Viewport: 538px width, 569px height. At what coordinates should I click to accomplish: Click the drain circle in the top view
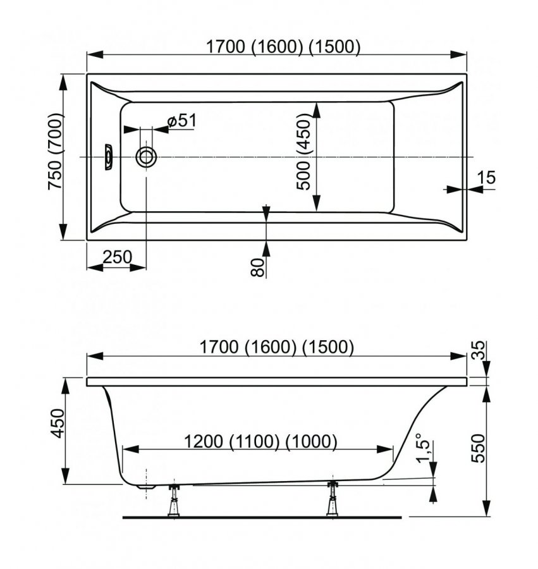[x=146, y=157]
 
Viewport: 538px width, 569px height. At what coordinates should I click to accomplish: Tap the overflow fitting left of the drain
[x=109, y=157]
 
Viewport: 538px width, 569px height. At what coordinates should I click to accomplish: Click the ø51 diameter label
[x=182, y=121]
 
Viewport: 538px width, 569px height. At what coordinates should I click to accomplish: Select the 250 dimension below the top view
[x=117, y=257]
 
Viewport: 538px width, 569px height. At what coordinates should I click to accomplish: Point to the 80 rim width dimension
[x=258, y=267]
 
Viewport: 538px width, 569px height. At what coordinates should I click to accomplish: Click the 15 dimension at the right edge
[x=486, y=178]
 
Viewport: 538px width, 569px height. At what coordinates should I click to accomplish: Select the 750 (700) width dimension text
[x=56, y=151]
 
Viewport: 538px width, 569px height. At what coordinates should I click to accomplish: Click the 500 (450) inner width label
[x=303, y=152]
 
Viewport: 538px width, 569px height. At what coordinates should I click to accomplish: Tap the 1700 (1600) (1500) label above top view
[x=283, y=47]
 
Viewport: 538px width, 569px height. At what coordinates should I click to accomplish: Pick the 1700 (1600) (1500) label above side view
[x=277, y=347]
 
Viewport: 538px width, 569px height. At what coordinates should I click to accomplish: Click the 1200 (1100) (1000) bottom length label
[x=261, y=442]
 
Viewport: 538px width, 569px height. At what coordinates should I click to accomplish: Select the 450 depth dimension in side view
[x=57, y=423]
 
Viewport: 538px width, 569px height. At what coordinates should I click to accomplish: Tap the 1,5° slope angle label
[x=423, y=448]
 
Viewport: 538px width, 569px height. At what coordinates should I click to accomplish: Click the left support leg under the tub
[x=174, y=499]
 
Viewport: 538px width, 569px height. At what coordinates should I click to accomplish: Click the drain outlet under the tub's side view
[x=146, y=487]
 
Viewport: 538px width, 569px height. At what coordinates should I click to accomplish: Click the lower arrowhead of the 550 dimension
[x=487, y=508]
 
